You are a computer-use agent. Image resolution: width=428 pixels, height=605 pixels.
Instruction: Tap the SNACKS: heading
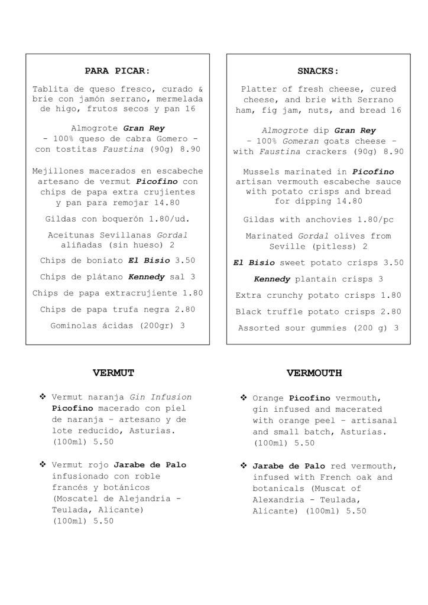[318, 71]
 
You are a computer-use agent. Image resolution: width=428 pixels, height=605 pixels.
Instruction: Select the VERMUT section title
[114, 373]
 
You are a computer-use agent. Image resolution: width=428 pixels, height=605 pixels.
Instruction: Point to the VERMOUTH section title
[314, 373]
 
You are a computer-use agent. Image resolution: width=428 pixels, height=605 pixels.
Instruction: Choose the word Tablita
[51, 89]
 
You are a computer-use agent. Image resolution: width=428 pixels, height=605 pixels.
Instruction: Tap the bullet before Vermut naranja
[43, 397]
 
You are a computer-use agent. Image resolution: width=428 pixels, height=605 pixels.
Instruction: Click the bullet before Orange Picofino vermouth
[243, 398]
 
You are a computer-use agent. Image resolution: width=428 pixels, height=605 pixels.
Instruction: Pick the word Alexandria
[277, 500]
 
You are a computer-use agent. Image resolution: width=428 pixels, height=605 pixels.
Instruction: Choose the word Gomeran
[299, 141]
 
